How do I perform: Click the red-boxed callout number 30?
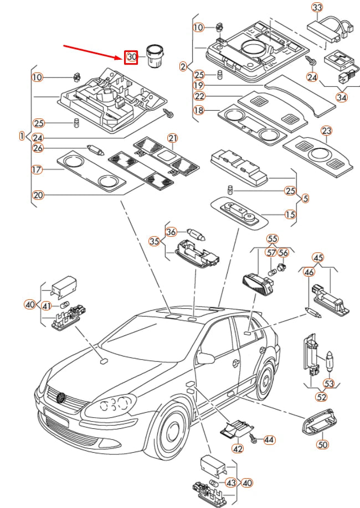click(131, 56)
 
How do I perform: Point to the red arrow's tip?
click(123, 56)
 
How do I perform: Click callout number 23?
click(327, 131)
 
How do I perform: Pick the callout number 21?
click(172, 138)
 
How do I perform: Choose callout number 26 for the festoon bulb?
click(38, 148)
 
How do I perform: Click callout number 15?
click(290, 214)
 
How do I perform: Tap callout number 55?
click(272, 239)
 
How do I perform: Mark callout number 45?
click(318, 257)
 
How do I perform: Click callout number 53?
click(329, 383)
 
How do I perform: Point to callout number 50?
click(323, 444)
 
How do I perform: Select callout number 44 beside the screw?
click(269, 440)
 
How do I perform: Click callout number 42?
click(238, 449)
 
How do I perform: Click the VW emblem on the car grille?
click(61, 397)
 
